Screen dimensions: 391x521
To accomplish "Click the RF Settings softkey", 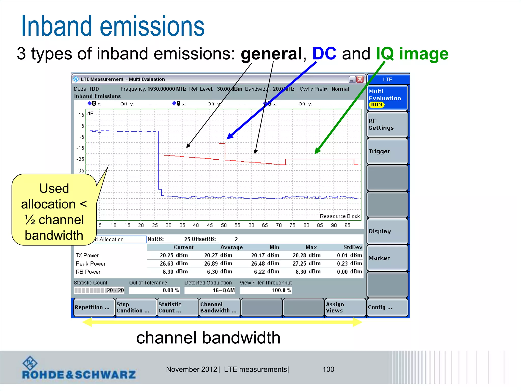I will [387, 124].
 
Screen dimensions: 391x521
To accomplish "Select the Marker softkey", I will [387, 258].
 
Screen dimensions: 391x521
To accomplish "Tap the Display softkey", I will [387, 231].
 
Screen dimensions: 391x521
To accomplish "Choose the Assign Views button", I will [345, 308].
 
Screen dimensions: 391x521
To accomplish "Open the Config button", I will [387, 308].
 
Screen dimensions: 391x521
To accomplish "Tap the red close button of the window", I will [360, 79].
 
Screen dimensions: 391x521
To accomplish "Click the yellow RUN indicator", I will [377, 105].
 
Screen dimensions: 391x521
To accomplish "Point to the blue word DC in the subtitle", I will [324, 54].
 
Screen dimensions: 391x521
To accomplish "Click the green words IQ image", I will [412, 54].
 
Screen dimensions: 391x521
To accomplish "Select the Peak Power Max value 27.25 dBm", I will [307, 263].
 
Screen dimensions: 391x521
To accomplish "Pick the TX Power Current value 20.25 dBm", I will [174, 255].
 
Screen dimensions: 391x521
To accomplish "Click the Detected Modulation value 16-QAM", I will [223, 290].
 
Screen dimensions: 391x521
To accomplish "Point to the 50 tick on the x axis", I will [224, 225].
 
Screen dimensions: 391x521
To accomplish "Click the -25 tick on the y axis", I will [80, 159].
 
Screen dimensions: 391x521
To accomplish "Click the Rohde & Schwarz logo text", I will [79, 374].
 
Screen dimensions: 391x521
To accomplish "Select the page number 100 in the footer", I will [328, 369].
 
